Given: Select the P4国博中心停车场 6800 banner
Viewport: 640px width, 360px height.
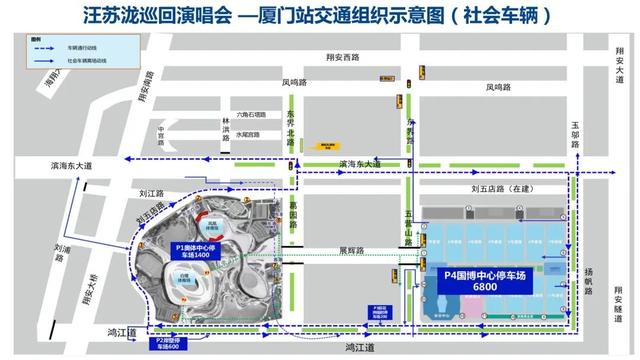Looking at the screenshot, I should pos(486,279).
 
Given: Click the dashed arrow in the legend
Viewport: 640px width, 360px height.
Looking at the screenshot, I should pos(46,46).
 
